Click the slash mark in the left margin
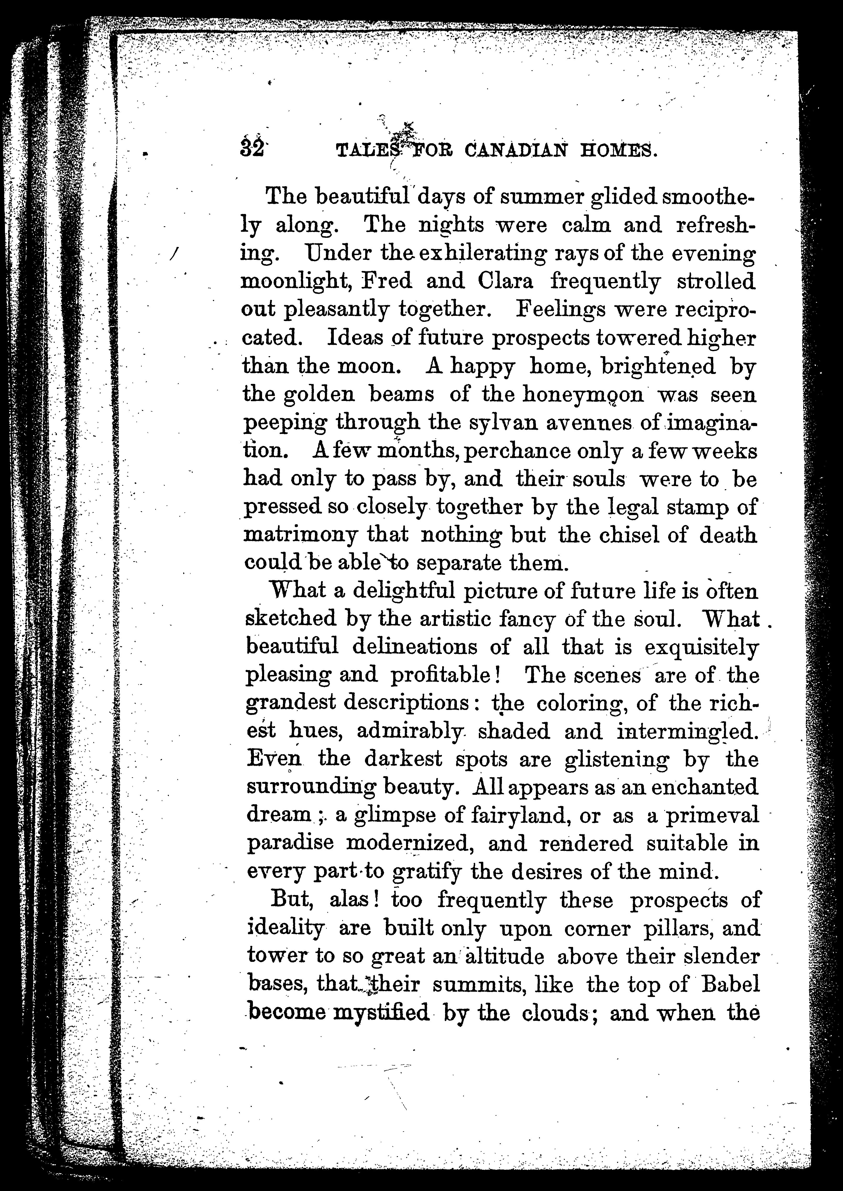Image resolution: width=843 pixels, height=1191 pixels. click(174, 253)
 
